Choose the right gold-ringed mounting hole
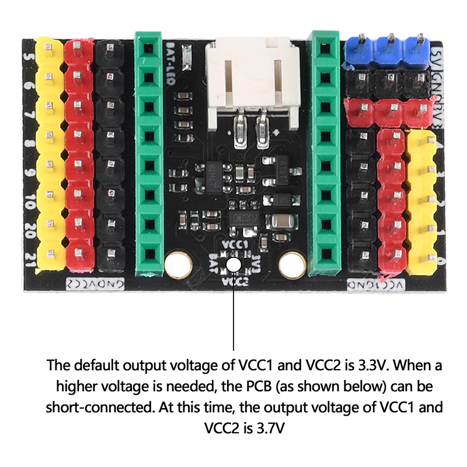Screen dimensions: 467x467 292,265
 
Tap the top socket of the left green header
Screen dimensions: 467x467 149,46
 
